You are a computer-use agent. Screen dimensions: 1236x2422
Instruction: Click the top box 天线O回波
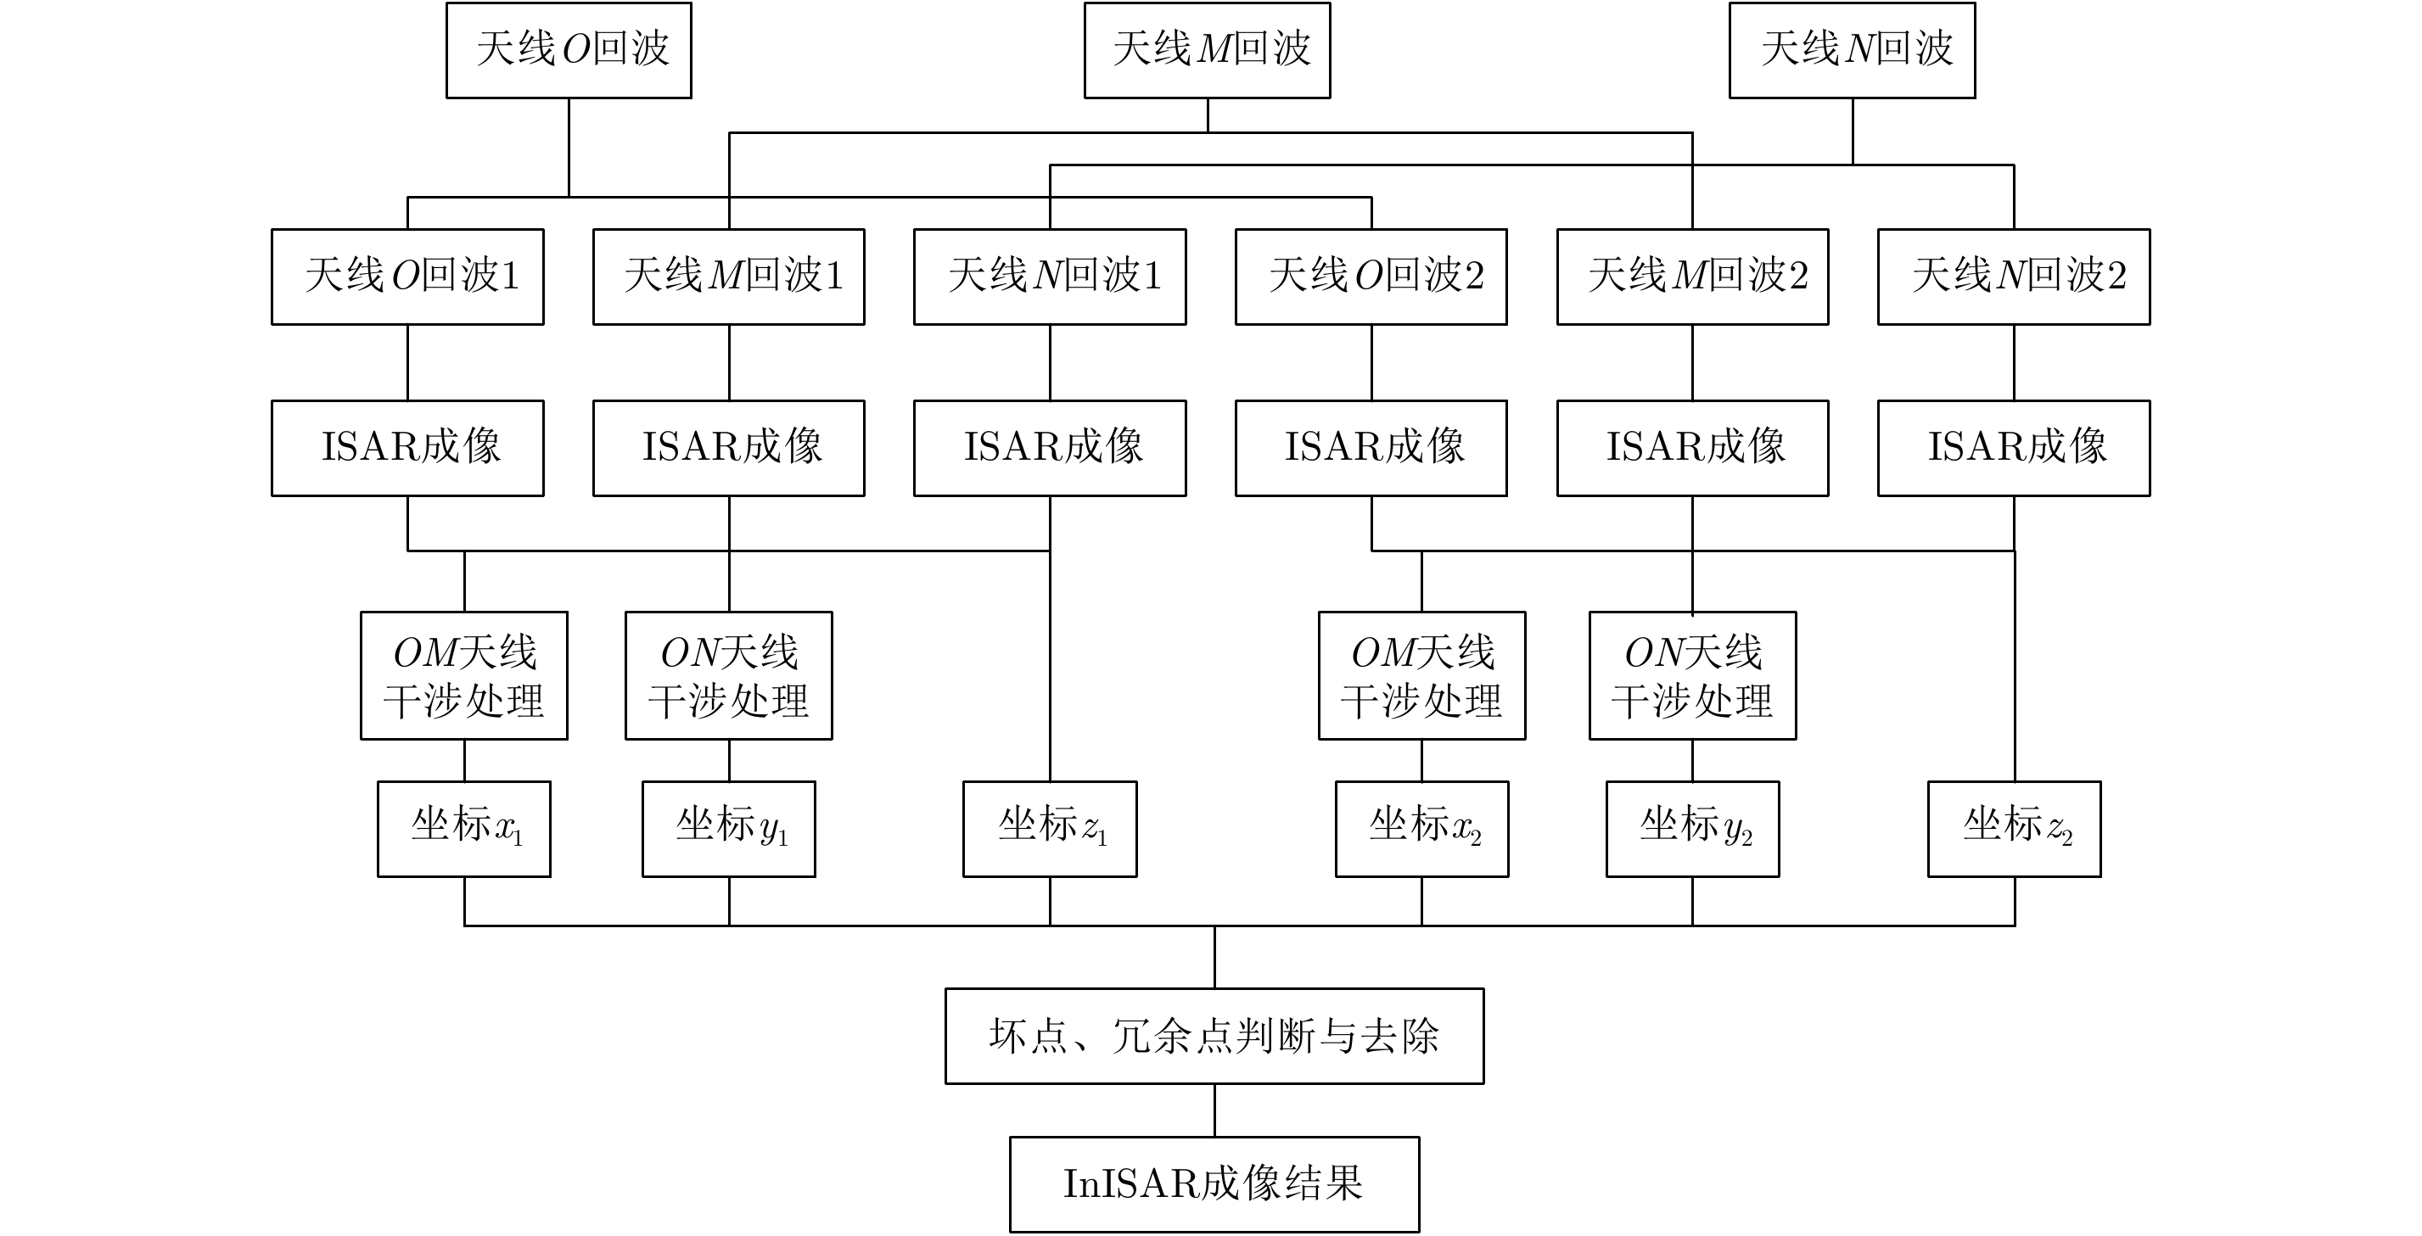569,50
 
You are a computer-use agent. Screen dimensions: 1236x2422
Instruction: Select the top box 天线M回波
1208,50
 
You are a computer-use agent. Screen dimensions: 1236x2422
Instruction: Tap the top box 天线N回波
1853,50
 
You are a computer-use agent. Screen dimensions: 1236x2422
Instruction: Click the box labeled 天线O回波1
408,277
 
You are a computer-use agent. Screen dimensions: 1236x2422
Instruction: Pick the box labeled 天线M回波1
729,277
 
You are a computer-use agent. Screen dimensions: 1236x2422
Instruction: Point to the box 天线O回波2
1371,277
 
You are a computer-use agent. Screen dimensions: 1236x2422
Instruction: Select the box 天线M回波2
1692,277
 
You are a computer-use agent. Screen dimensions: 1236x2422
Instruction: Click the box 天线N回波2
2014,277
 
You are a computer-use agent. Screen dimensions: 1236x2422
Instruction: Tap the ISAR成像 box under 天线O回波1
408,447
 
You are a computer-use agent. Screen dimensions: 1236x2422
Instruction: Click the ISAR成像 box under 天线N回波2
2014,447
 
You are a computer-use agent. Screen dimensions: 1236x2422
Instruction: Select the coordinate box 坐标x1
464,828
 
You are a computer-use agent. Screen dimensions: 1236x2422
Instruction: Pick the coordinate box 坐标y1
729,828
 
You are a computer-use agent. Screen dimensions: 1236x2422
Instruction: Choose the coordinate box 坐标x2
1421,828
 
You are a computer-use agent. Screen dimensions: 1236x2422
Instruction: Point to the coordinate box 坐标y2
1692,828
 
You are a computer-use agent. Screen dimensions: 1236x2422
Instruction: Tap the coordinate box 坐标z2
2014,828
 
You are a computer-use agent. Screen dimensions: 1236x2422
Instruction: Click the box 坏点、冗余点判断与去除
1214,1035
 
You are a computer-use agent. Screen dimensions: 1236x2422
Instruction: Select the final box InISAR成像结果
1214,1183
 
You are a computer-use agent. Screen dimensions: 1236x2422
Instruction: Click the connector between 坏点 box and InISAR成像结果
1214,1110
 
